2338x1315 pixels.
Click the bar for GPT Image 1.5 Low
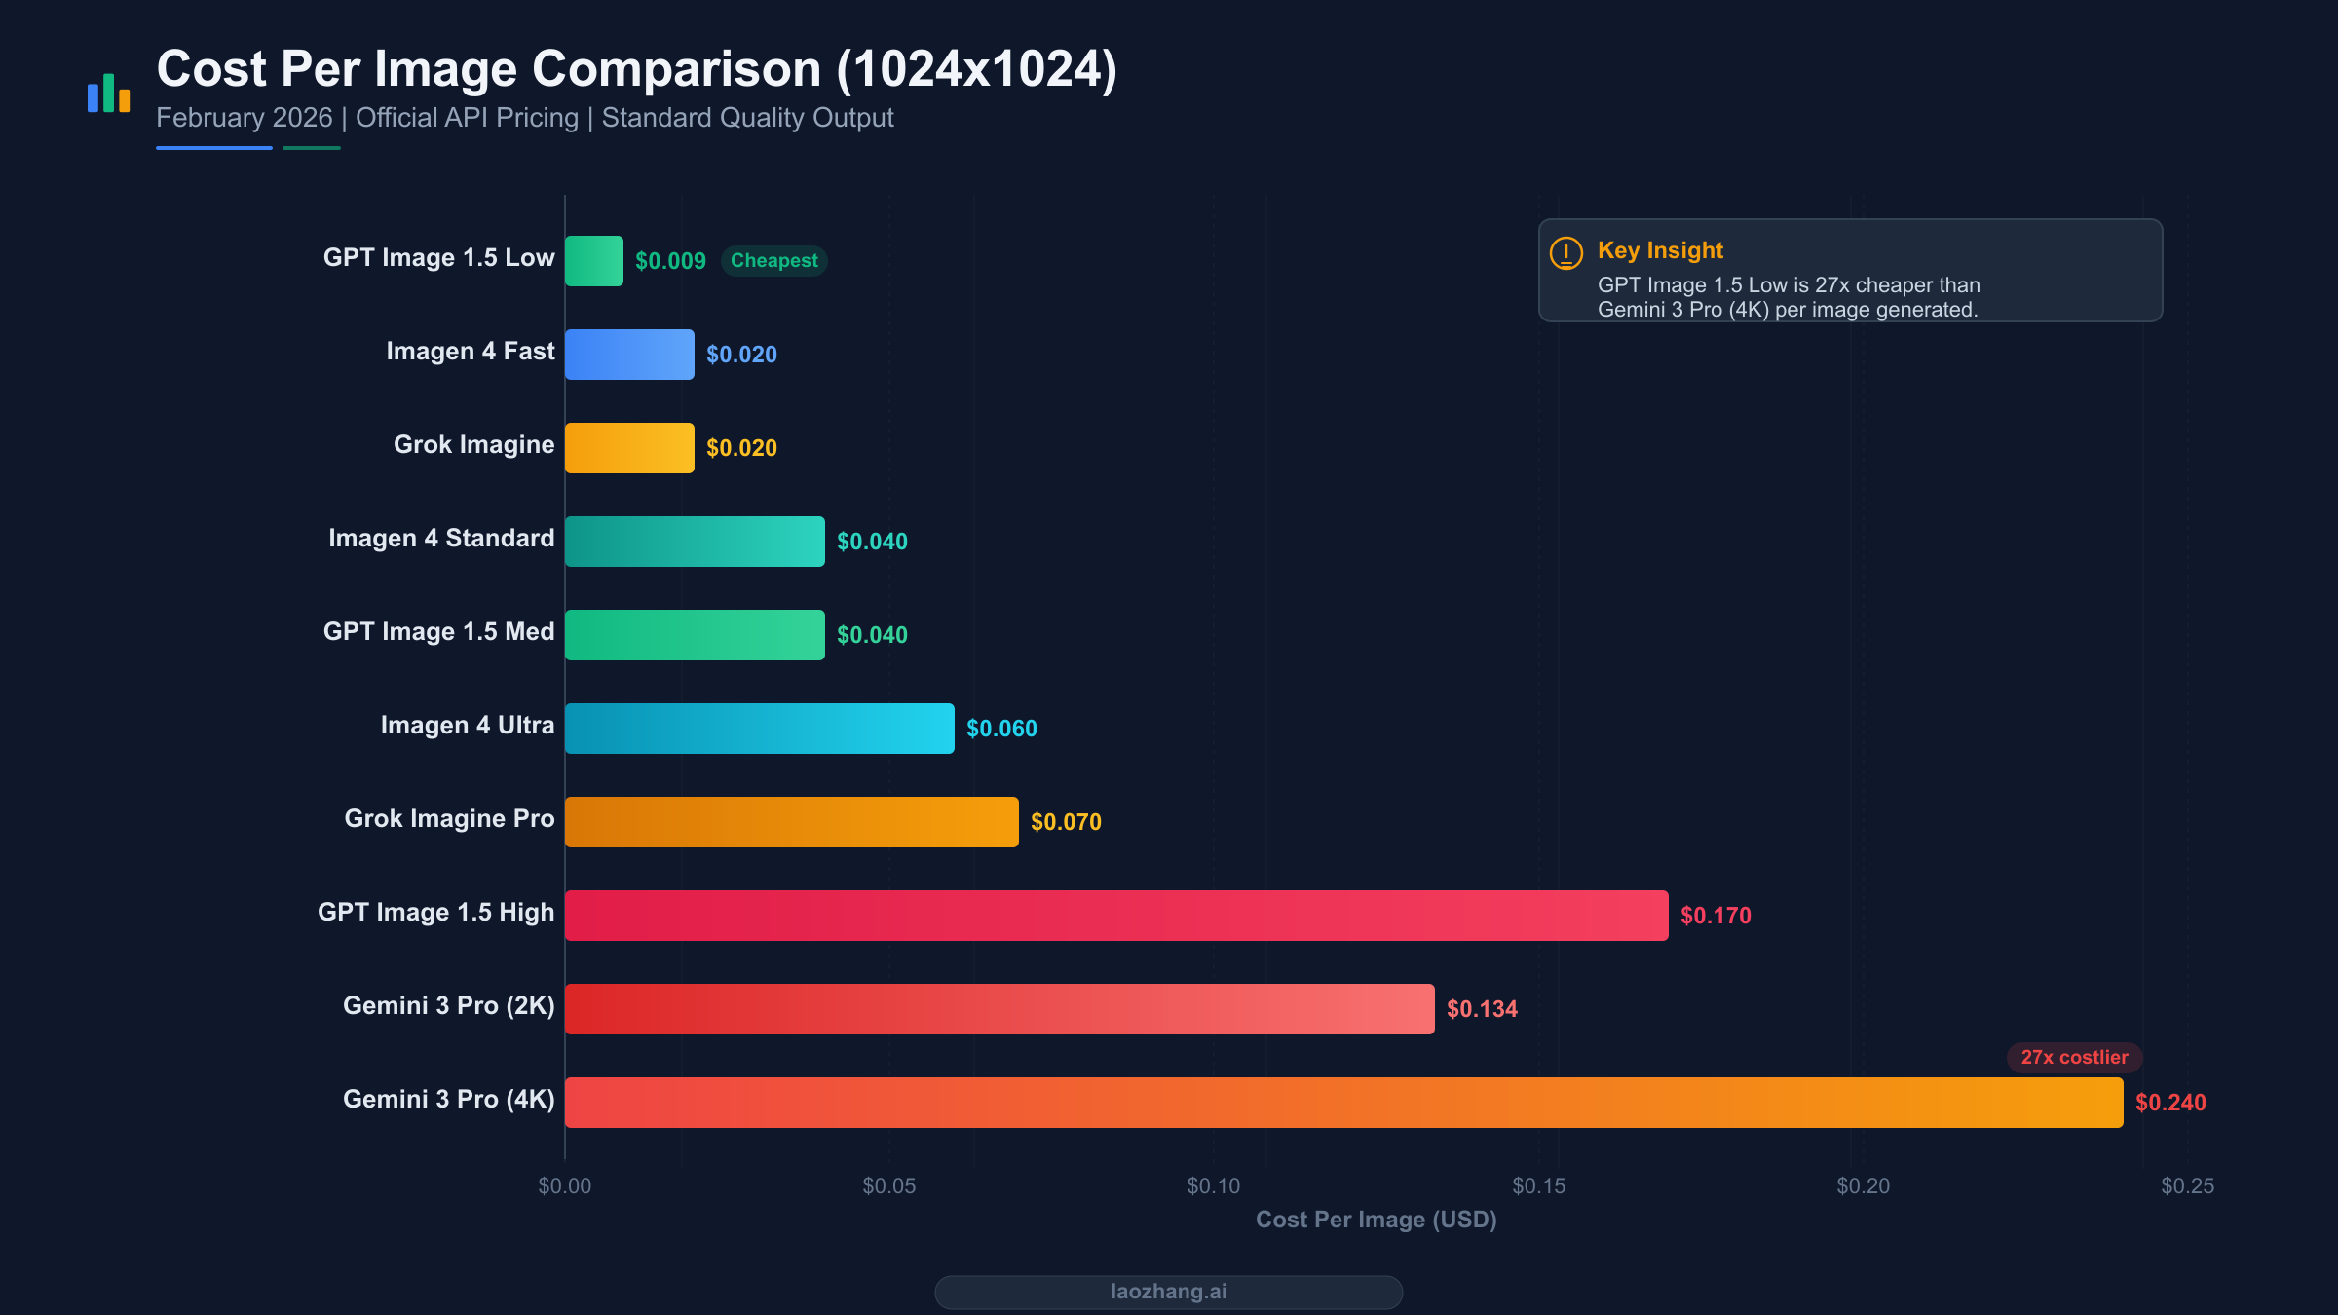coord(594,261)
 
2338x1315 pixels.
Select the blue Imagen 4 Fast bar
coord(629,355)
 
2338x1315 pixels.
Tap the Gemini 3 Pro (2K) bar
coord(999,1009)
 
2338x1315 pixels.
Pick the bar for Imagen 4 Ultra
coord(760,729)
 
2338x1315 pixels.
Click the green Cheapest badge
coord(773,261)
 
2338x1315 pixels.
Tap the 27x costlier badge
coord(2074,1057)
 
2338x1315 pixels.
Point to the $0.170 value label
coord(1716,916)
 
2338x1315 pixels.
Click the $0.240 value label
coord(2170,1103)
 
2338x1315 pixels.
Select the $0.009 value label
coord(670,261)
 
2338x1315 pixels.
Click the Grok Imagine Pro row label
coord(449,818)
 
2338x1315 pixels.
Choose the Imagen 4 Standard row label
coord(441,538)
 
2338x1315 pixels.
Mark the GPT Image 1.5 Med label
coord(438,631)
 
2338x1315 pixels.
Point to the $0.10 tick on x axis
coord(1214,1185)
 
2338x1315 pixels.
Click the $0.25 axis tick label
coord(2187,1185)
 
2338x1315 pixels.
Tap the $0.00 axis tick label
coord(565,1185)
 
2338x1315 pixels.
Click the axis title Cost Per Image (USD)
coord(1376,1220)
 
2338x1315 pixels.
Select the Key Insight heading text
coord(1660,250)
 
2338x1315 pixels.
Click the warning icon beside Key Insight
coord(1566,253)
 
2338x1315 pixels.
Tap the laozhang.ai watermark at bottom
coord(1168,1292)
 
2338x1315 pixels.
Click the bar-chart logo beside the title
coord(108,94)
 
